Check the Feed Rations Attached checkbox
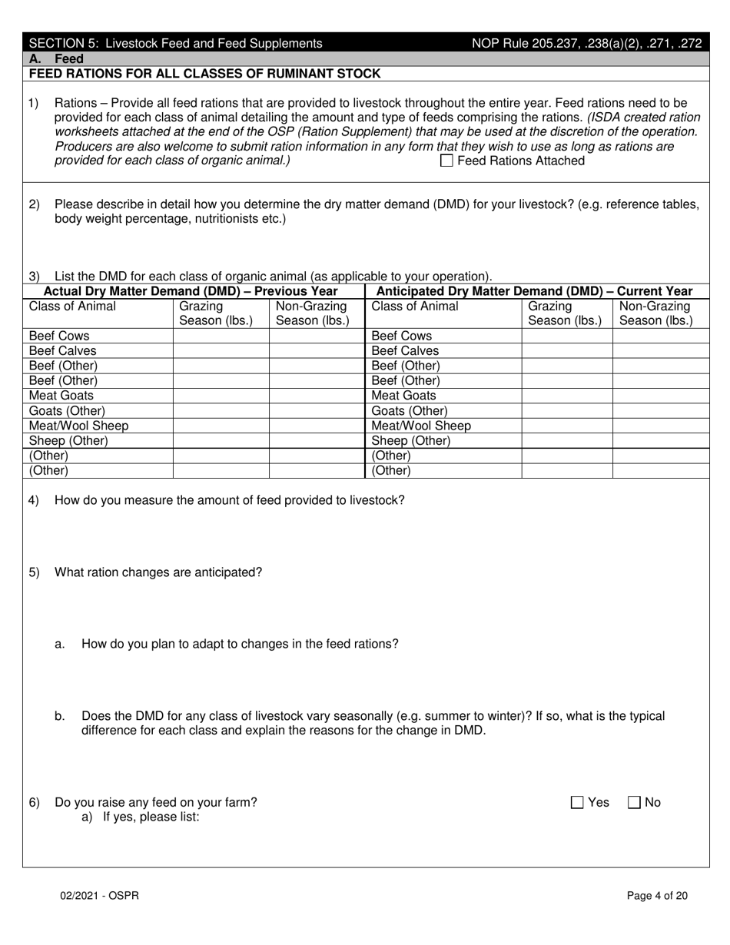[446, 161]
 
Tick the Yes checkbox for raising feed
[577, 803]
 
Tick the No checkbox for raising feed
[634, 803]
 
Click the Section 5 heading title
[175, 44]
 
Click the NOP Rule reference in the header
[586, 44]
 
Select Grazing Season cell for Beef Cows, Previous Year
[221, 337]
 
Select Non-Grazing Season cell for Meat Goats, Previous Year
[316, 396]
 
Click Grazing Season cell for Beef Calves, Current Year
[566, 351]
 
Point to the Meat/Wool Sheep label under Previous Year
[78, 426]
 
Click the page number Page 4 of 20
[657, 895]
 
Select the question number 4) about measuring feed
[34, 500]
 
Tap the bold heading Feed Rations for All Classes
[204, 74]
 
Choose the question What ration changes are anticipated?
[158, 572]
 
